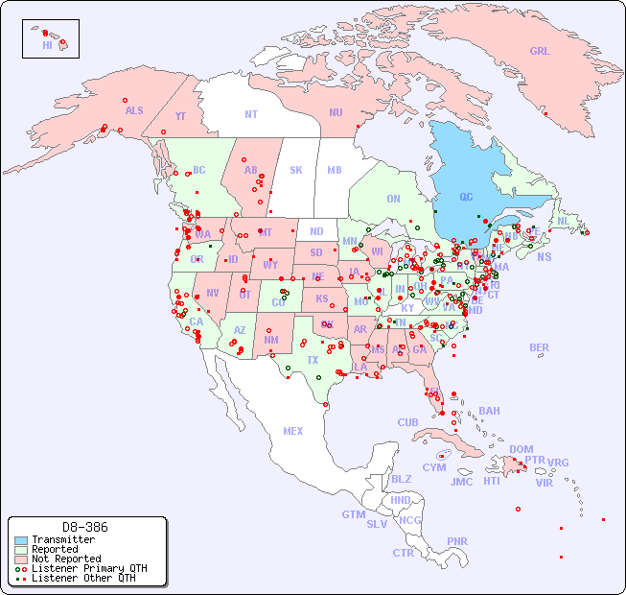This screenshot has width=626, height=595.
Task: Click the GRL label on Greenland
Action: tap(540, 51)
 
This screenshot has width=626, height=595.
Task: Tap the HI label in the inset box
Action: tap(47, 45)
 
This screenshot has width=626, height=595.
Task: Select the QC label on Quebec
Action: tap(466, 198)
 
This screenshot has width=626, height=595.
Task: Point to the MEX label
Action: tap(293, 431)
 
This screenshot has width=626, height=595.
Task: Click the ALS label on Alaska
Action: tap(134, 110)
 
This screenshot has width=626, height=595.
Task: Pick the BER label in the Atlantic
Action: tap(539, 347)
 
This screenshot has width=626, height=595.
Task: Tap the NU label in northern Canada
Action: tap(336, 112)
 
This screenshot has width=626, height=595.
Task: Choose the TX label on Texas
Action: tap(313, 360)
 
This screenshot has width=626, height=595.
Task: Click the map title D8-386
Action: tap(85, 527)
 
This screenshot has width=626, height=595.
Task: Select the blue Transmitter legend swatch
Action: tap(21, 540)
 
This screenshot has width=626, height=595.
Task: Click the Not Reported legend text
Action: tap(66, 559)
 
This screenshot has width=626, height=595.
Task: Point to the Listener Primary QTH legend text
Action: tap(89, 568)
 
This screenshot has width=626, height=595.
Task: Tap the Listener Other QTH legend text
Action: tap(83, 578)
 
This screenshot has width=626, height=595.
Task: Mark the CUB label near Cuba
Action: tap(407, 422)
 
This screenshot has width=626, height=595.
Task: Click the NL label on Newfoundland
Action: tap(563, 220)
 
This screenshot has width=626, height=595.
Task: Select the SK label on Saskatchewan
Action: tap(296, 170)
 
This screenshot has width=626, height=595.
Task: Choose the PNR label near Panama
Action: tap(457, 541)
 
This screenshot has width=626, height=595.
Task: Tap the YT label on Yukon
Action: tap(180, 116)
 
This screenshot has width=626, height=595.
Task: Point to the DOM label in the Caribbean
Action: tap(521, 449)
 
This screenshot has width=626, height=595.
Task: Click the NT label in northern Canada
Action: tap(251, 113)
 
